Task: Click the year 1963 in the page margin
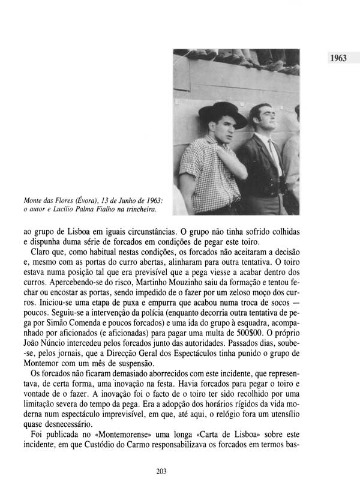pos(338,60)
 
